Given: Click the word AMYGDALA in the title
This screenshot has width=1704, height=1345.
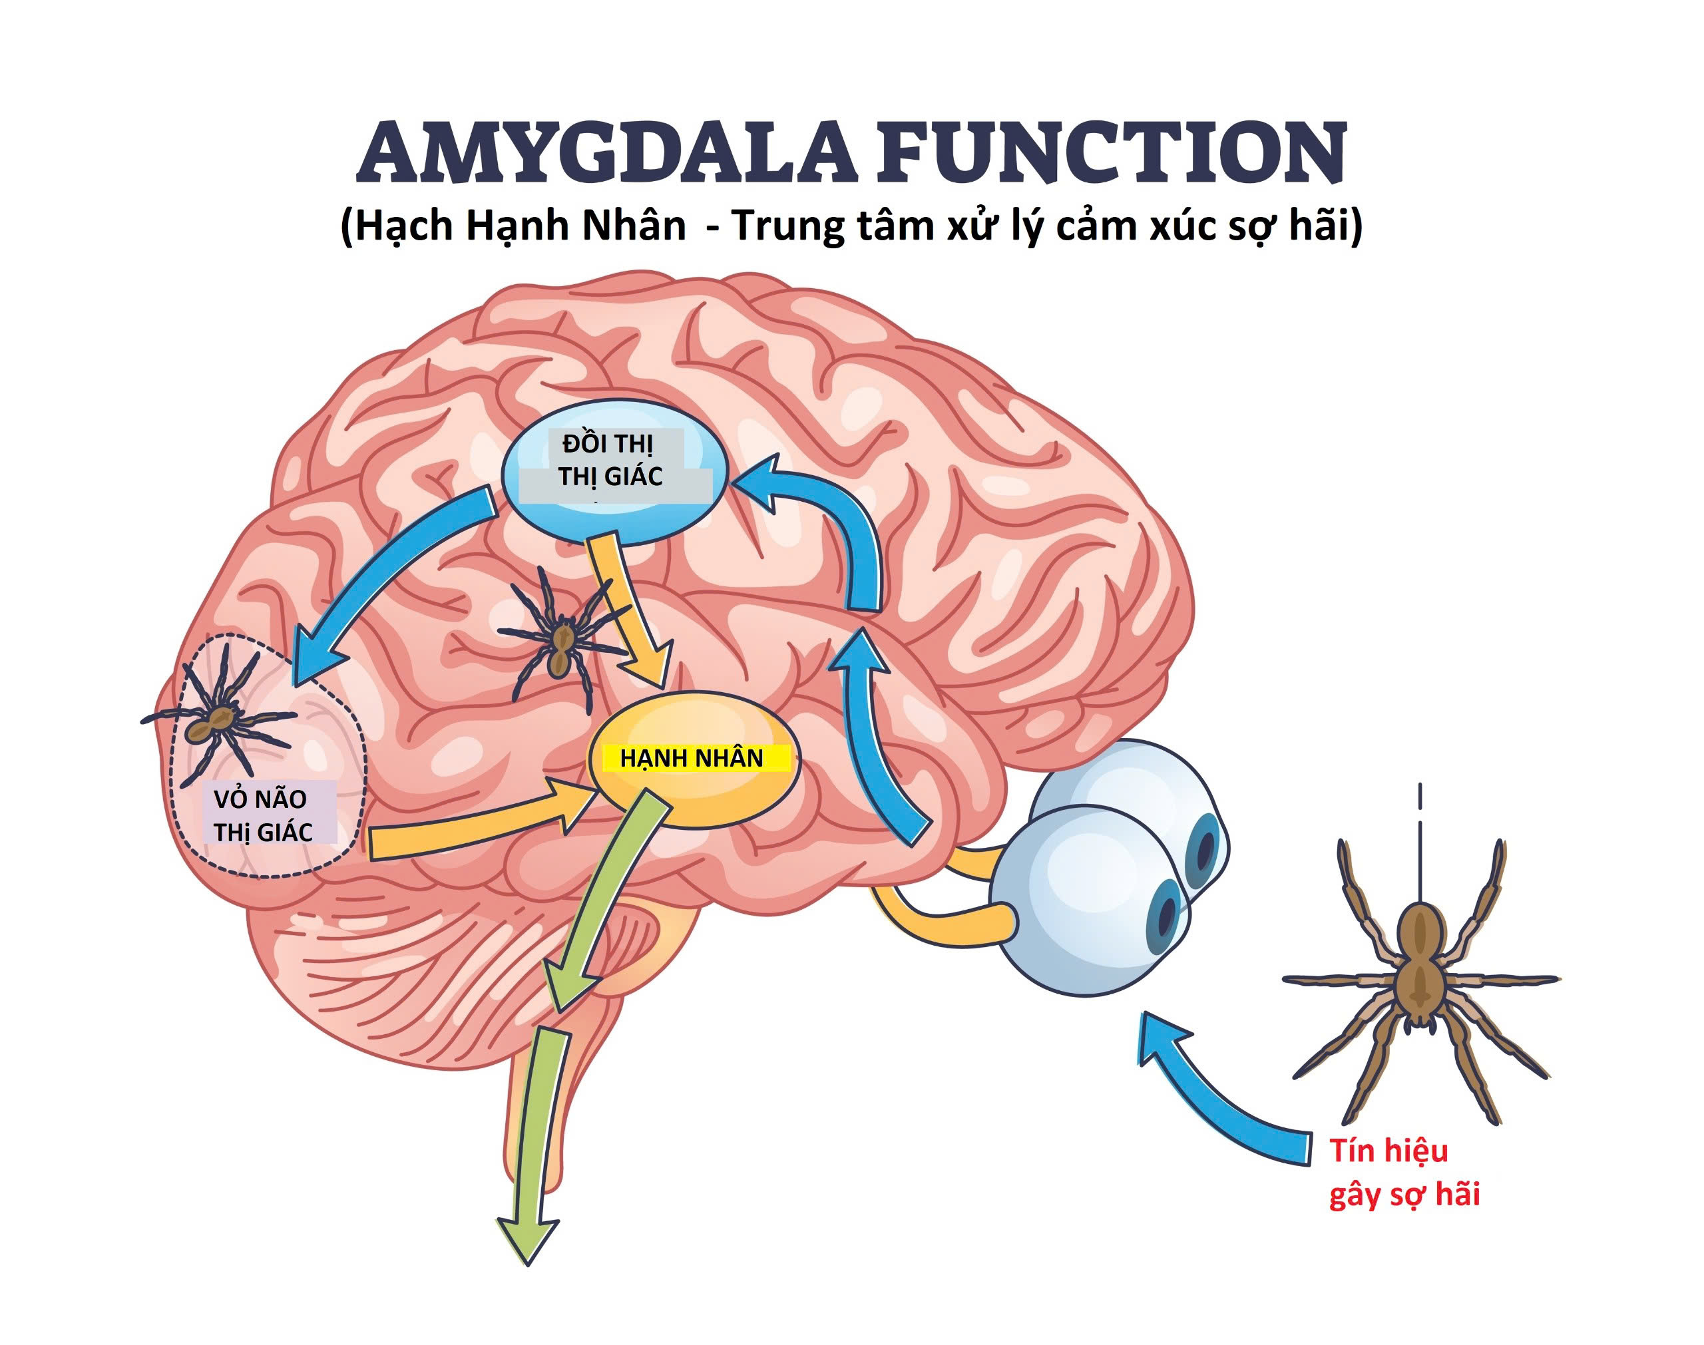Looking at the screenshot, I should point(605,153).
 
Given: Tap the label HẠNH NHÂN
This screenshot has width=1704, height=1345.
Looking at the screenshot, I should point(692,758).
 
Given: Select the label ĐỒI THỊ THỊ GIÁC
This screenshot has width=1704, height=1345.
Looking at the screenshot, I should point(611,461).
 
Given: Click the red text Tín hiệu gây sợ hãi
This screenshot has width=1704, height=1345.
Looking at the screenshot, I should point(1404,1173).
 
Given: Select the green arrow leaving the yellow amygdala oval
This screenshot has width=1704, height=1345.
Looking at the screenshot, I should point(606,898).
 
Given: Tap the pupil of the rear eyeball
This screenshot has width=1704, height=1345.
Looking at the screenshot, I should point(1205,847).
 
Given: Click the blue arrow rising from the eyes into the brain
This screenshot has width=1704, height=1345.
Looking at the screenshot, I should point(874,748).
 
